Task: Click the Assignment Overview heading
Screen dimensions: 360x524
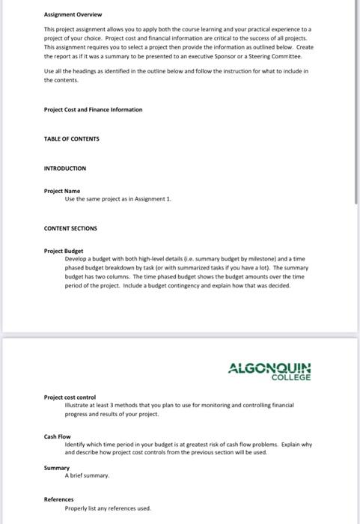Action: coord(73,14)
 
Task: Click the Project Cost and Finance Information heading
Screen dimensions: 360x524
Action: coord(93,109)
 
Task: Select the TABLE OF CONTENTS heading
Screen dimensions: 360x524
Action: coord(71,138)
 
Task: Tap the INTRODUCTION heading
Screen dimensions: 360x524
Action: coord(65,168)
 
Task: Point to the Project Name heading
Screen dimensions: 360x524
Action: coord(61,191)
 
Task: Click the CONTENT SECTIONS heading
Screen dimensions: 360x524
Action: coord(70,228)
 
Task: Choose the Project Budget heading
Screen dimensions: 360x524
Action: coord(64,251)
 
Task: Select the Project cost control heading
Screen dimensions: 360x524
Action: coord(70,397)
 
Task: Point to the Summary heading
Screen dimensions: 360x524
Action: coord(56,468)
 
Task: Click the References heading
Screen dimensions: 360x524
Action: coord(58,499)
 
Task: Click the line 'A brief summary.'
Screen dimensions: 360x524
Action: coord(87,475)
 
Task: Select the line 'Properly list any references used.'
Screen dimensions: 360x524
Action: coord(108,508)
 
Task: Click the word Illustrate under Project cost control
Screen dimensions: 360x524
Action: coord(77,405)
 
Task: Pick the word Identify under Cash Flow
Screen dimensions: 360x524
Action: coord(76,445)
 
